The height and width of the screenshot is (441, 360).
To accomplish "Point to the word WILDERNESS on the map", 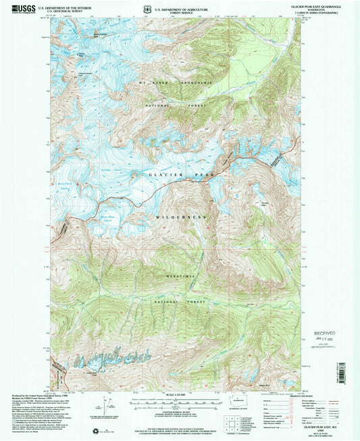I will click(180, 217).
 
